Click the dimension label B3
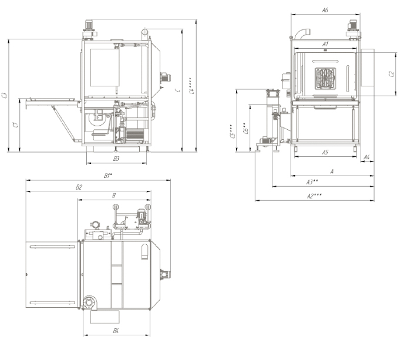pyautogui.click(x=116, y=159)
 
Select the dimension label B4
pyautogui.click(x=116, y=331)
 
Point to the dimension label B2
pyautogui.click(x=79, y=187)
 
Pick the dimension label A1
pyautogui.click(x=325, y=44)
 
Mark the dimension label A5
pyautogui.click(x=325, y=152)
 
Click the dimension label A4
pyautogui.click(x=366, y=157)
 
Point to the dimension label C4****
pyautogui.click(x=192, y=85)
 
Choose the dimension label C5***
pyautogui.click(x=233, y=130)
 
